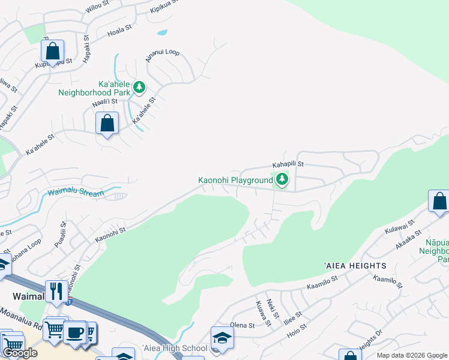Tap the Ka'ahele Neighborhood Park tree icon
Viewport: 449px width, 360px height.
click(x=139, y=88)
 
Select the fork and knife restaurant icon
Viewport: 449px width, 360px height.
click(x=56, y=292)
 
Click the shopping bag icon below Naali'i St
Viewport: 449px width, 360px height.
click(x=107, y=124)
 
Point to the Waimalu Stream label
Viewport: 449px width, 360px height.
click(x=76, y=193)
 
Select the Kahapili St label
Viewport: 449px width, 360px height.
click(x=289, y=163)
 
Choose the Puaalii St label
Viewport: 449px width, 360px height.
click(x=62, y=230)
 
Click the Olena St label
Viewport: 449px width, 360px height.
click(x=243, y=325)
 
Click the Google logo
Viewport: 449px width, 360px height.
click(x=20, y=353)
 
